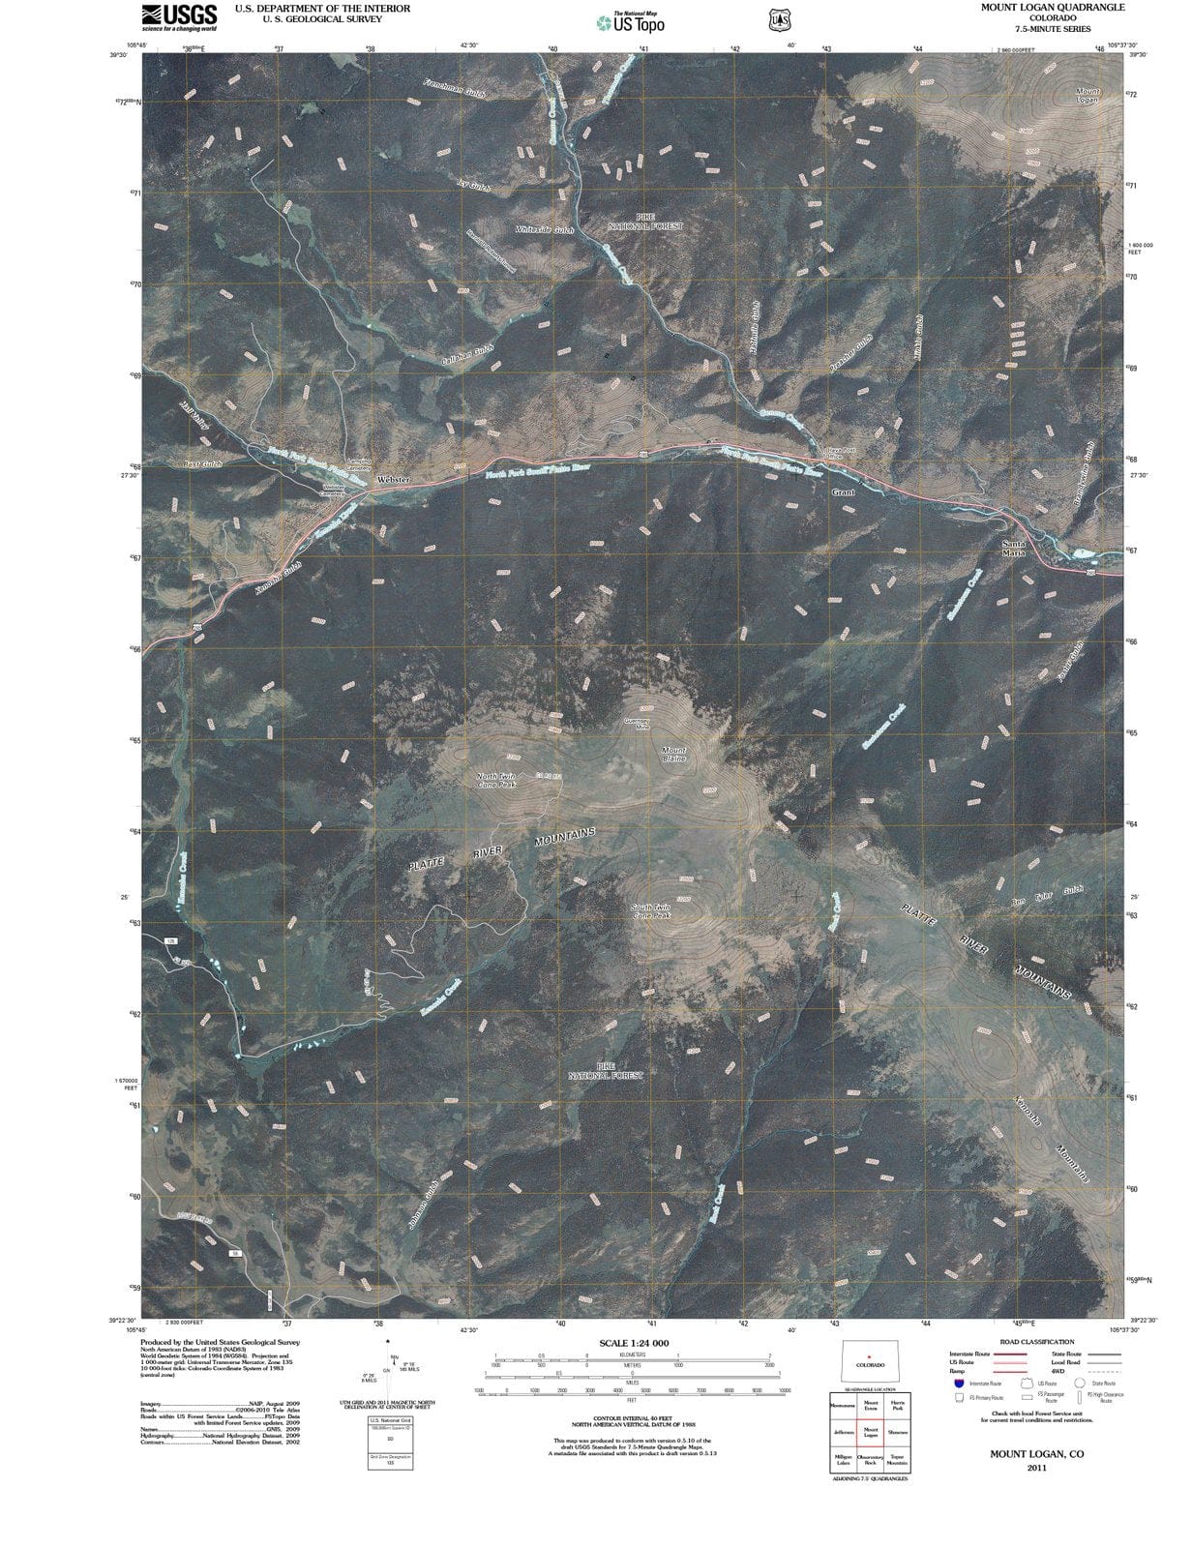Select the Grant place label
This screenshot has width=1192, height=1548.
[844, 492]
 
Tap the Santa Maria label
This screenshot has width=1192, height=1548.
[1013, 549]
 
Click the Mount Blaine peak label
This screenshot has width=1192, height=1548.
[673, 754]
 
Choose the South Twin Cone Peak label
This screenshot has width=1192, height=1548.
[651, 911]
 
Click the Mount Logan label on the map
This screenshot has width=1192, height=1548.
[1088, 96]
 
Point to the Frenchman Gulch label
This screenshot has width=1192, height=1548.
[454, 88]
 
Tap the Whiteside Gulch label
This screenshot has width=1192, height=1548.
[545, 229]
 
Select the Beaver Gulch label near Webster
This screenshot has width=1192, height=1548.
[204, 464]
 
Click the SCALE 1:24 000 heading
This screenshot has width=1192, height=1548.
[634, 1343]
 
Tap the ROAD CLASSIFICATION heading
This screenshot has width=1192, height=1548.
[1036, 1342]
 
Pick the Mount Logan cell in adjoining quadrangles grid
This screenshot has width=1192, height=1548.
[870, 1432]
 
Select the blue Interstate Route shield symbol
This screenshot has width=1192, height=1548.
[960, 1384]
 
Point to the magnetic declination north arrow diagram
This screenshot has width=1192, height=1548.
[387, 1364]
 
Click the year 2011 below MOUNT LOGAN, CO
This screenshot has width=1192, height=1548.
[1036, 1467]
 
